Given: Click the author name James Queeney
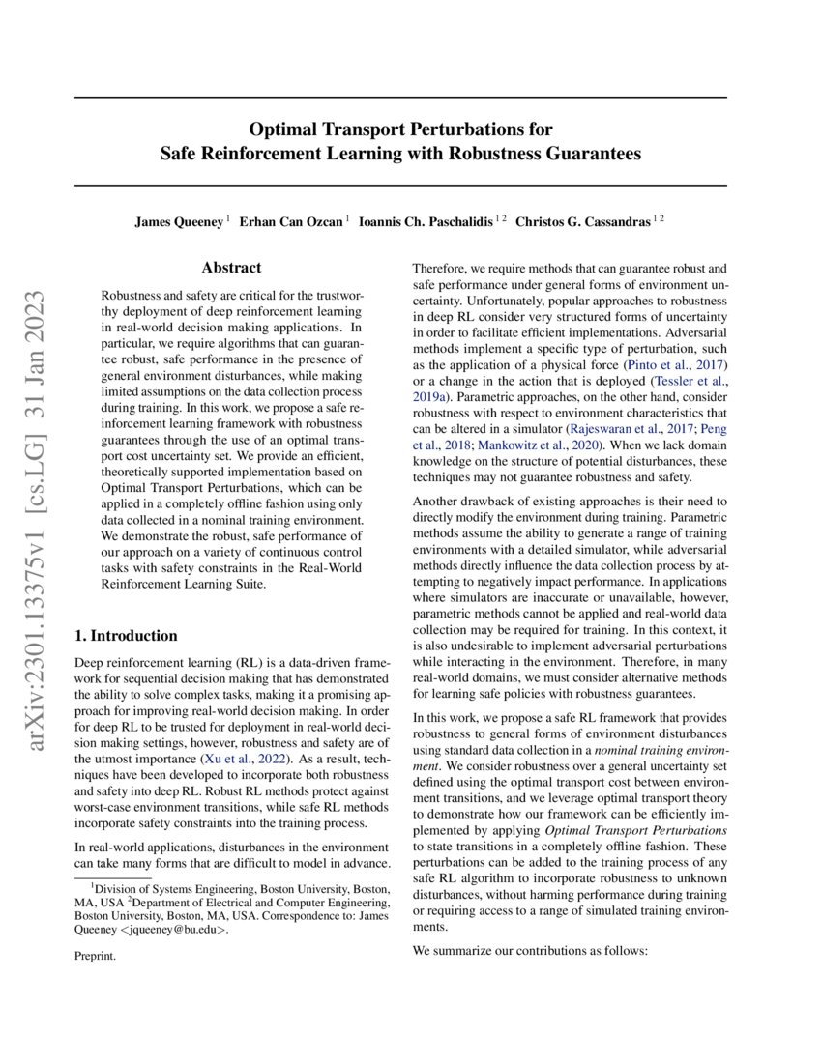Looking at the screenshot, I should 179,221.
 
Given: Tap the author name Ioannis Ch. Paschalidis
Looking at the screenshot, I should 426,221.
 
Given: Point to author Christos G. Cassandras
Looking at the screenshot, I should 582,221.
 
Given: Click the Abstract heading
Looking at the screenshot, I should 231,268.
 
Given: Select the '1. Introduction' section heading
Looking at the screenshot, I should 126,636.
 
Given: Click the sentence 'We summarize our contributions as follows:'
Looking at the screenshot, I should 528,950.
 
